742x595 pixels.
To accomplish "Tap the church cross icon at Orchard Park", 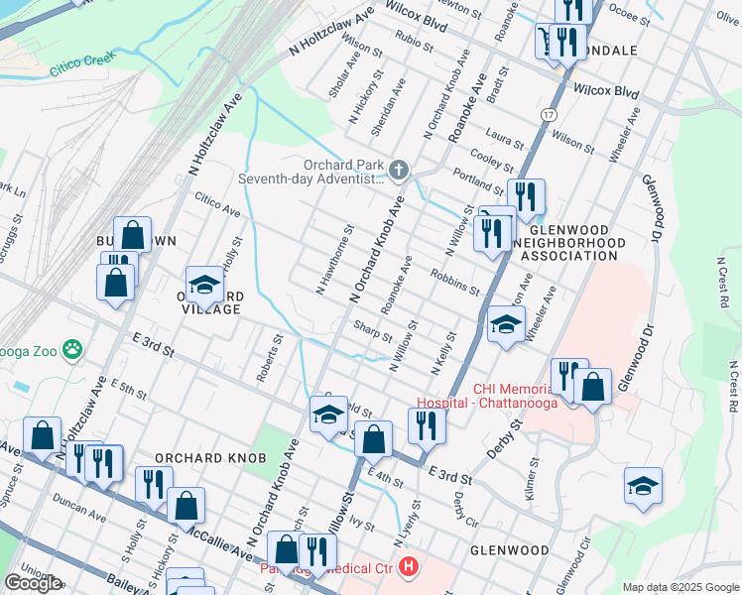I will click(x=399, y=172).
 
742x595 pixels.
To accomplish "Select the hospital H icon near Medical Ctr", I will click(x=409, y=568).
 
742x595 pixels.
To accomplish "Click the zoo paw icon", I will click(x=72, y=348).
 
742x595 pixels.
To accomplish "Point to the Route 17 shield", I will click(x=549, y=116).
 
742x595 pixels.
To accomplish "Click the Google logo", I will click(x=33, y=583).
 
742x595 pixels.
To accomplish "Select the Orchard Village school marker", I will click(x=204, y=286).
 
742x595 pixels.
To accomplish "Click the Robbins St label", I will click(x=455, y=282).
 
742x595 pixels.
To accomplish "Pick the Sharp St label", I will click(x=373, y=331).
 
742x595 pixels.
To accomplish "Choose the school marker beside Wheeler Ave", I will click(x=506, y=326).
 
